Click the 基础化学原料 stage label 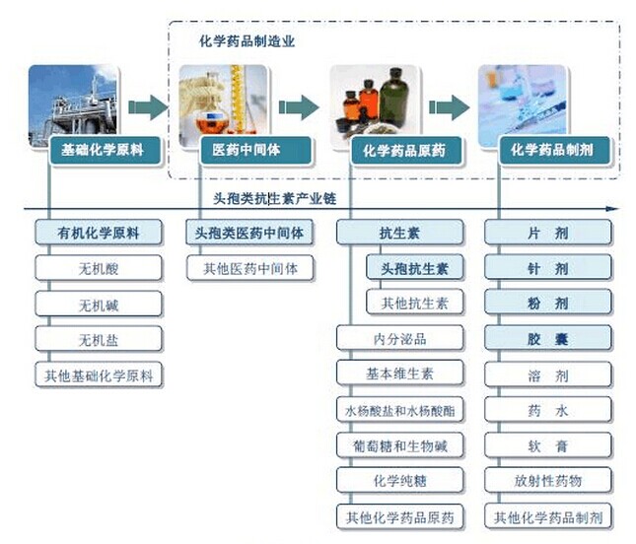pyautogui.click(x=103, y=151)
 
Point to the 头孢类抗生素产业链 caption pyautogui.click(x=281, y=198)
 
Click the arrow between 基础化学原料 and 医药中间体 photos pyautogui.click(x=148, y=106)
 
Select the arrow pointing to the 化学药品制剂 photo pyautogui.click(x=449, y=106)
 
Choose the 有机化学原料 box pyautogui.click(x=98, y=234)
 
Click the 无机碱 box pyautogui.click(x=98, y=304)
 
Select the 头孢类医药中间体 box pyautogui.click(x=249, y=234)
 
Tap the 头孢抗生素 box pyautogui.click(x=414, y=268)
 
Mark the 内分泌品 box pyautogui.click(x=399, y=339)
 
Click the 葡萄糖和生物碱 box pyautogui.click(x=399, y=445)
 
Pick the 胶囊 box pyautogui.click(x=547, y=339)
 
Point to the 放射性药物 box pyautogui.click(x=547, y=481)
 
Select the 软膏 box pyautogui.click(x=547, y=445)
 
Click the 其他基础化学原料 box pyautogui.click(x=98, y=374)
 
